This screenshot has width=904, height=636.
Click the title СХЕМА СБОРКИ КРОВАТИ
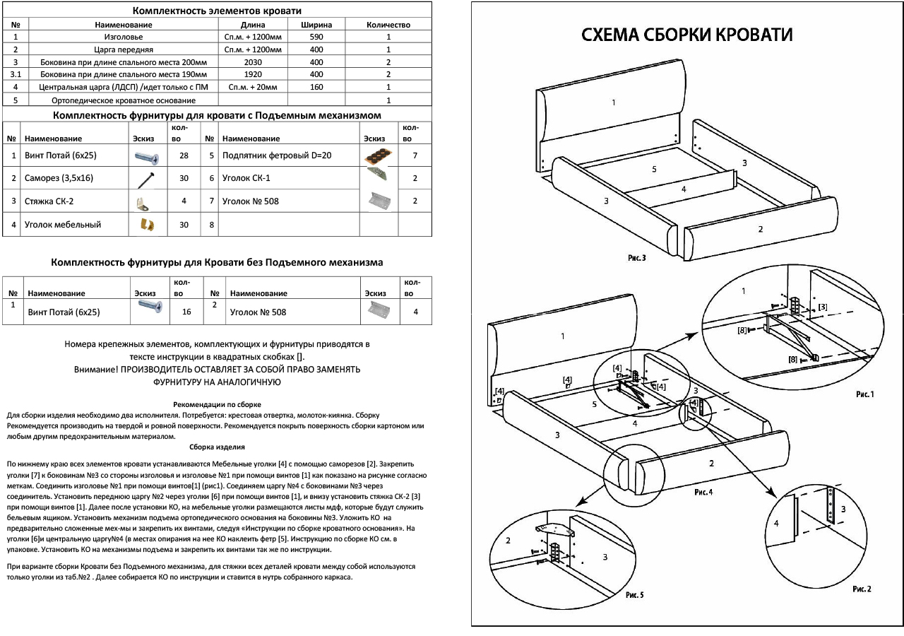click(686, 35)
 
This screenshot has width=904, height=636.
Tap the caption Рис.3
click(636, 259)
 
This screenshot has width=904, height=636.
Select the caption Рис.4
click(704, 491)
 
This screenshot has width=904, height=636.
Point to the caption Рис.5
click(634, 595)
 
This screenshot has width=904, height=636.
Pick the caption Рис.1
click(864, 394)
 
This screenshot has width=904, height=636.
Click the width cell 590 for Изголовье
click(316, 37)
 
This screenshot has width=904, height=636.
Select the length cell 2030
click(252, 62)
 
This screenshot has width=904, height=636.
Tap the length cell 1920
click(252, 74)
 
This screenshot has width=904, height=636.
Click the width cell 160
click(316, 87)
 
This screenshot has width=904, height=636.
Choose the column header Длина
click(252, 25)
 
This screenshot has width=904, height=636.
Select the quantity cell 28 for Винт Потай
click(184, 155)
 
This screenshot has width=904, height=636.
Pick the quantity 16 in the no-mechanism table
click(187, 311)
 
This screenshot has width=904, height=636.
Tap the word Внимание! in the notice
click(93, 370)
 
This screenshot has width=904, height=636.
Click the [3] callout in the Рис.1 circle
click(822, 307)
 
